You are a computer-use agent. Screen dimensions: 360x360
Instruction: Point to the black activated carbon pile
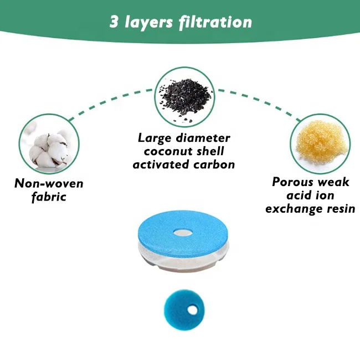coord(184,96)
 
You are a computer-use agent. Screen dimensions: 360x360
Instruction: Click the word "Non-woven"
coord(49,183)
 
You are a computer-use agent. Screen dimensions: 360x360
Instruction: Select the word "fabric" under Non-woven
coord(49,197)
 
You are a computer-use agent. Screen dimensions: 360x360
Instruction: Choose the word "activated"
coord(161,164)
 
